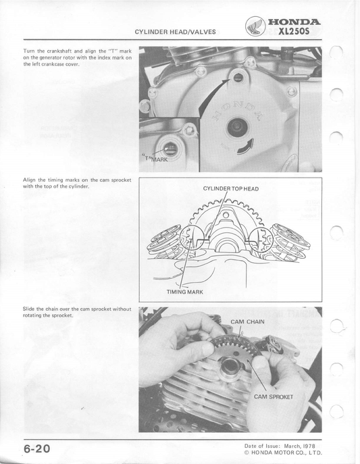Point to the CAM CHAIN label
(x=247, y=321)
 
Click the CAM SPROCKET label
(x=274, y=396)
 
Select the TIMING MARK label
(x=184, y=292)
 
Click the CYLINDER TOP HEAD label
(x=230, y=188)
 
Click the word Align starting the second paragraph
(x=30, y=180)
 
